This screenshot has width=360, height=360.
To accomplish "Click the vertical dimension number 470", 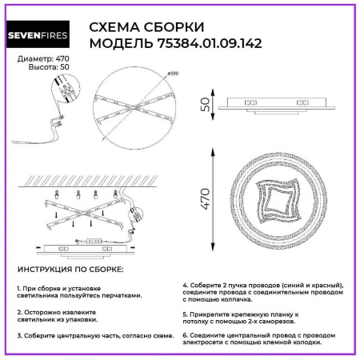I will click(205, 195).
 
